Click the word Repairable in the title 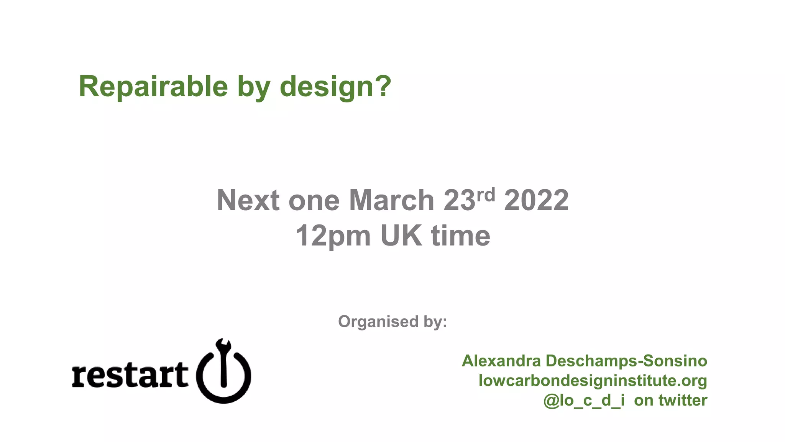point(153,86)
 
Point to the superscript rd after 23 point(486,195)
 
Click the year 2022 point(536,200)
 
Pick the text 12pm point(333,236)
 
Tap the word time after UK point(460,235)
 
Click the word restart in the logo point(130,375)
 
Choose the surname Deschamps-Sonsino point(626,361)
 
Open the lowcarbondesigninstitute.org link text point(593,381)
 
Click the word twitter point(683,400)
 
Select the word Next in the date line point(248,200)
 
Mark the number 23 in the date point(459,200)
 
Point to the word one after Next point(314,201)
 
